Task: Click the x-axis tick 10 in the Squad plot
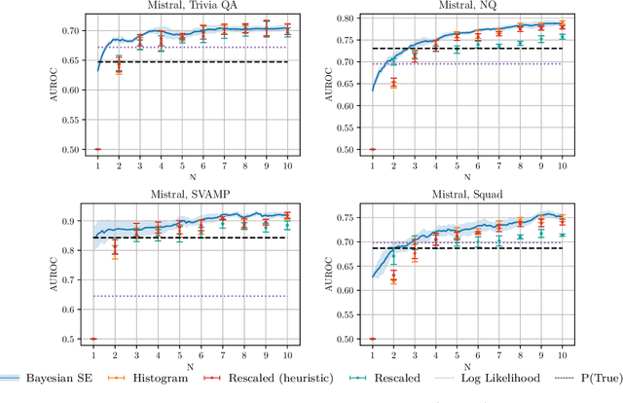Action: click(562, 356)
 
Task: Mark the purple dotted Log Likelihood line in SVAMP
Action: click(195, 296)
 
